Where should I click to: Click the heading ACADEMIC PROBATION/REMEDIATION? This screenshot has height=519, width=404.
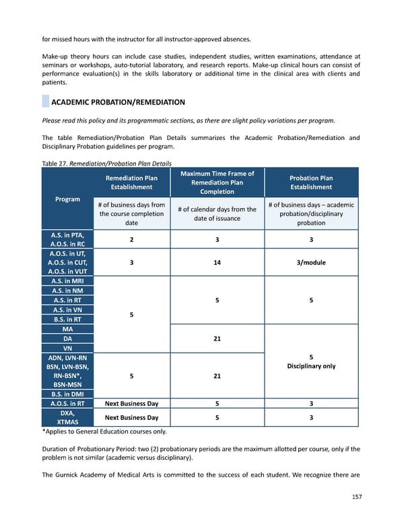(118, 102)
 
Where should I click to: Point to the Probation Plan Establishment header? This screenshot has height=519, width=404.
(310, 182)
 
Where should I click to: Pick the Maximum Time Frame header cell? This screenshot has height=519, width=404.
(217, 182)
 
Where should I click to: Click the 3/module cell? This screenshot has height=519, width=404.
(310, 263)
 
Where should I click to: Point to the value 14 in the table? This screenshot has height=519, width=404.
(217, 263)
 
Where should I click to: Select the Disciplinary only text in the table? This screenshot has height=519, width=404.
(310, 366)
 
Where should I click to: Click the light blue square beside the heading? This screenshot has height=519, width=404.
(45, 102)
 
